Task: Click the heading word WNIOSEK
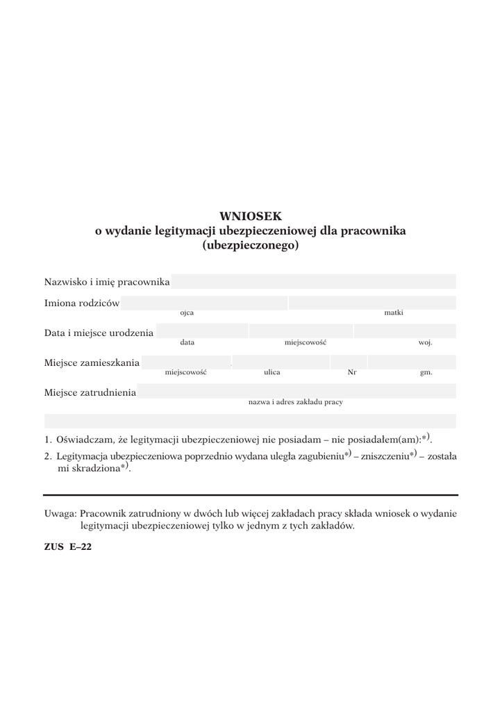click(251, 216)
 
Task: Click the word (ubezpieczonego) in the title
click(251, 245)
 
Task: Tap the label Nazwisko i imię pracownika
click(107, 282)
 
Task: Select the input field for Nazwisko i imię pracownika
click(313, 281)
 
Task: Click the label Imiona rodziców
click(82, 303)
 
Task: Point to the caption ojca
click(187, 313)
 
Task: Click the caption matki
click(394, 313)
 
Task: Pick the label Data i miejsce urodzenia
click(99, 333)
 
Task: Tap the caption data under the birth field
click(187, 342)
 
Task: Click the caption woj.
click(425, 343)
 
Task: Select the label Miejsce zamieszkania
click(92, 362)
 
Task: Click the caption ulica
click(272, 372)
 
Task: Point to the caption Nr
click(352, 372)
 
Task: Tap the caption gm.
click(426, 373)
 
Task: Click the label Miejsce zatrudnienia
click(90, 392)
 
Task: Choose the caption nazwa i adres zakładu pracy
click(296, 402)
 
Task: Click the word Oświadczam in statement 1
click(85, 440)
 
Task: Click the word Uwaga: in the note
click(60, 514)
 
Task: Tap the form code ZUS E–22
click(68, 546)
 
